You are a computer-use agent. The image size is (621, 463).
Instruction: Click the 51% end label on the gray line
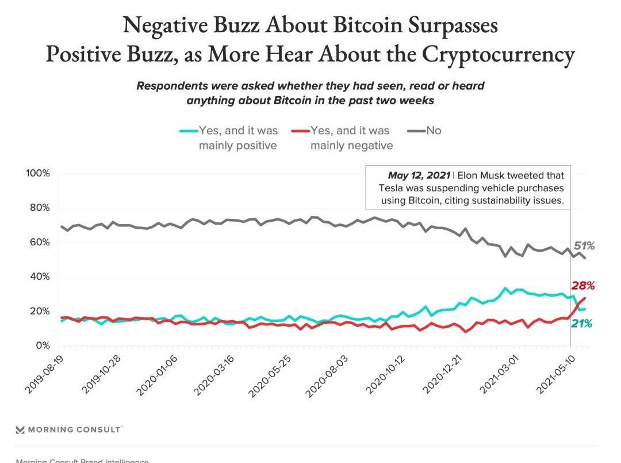[x=584, y=246]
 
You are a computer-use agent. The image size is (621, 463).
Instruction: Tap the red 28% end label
[x=582, y=286]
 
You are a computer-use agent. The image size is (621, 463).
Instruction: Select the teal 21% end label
[x=581, y=324]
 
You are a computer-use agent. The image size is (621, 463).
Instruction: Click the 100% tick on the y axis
[x=39, y=173]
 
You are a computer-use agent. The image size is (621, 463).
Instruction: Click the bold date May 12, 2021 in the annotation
[x=419, y=176]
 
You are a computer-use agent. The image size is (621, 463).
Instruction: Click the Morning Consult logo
[x=68, y=430]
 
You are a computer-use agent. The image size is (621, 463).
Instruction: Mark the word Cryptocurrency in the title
[x=498, y=55]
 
